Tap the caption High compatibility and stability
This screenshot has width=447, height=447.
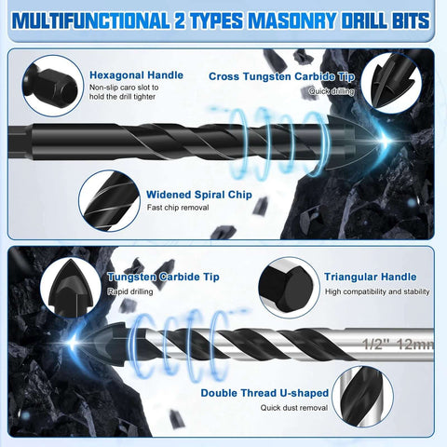377,291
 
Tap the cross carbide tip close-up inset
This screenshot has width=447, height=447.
398,87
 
